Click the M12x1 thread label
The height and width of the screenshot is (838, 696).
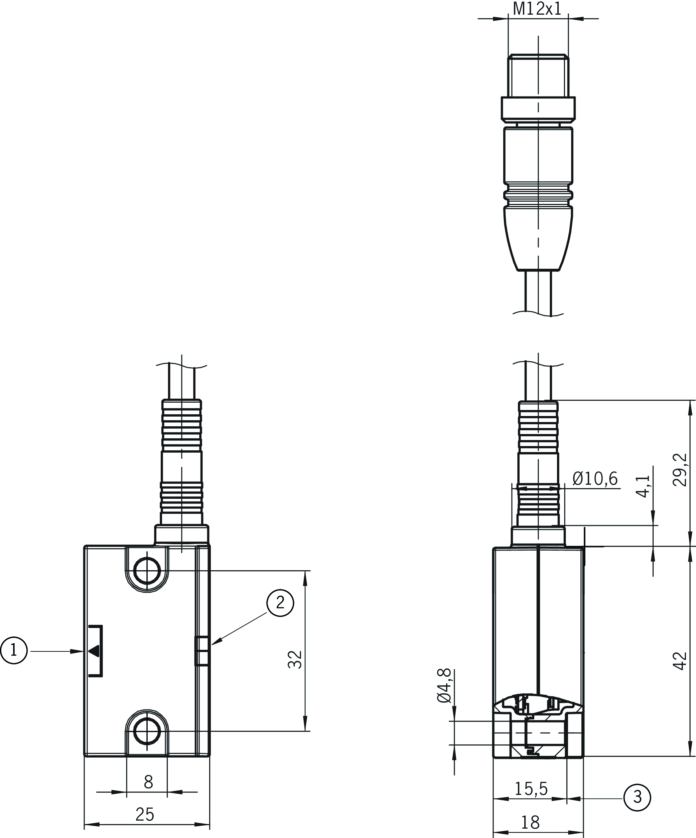click(537, 9)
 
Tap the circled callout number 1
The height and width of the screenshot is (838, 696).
click(14, 650)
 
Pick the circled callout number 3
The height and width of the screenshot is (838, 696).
click(637, 797)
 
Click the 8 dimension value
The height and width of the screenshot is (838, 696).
click(148, 783)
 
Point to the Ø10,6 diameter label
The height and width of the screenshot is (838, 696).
click(595, 478)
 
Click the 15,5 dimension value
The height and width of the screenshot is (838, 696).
click(531, 789)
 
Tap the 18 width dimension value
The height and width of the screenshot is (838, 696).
click(530, 822)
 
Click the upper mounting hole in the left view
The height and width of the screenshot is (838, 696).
click(147, 571)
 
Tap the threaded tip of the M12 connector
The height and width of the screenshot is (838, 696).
click(538, 76)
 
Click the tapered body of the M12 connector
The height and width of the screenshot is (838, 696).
click(538, 238)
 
